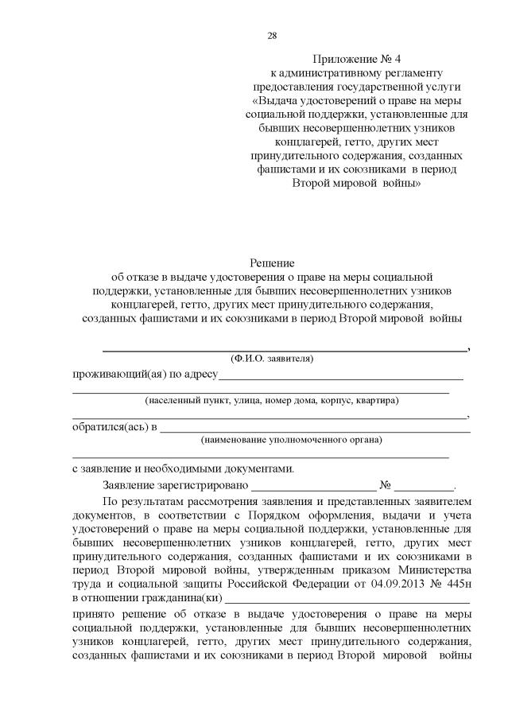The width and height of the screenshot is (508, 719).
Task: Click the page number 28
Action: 272,36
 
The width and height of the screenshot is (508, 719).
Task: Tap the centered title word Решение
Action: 273,262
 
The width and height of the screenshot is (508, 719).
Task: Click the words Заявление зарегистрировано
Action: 176,484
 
